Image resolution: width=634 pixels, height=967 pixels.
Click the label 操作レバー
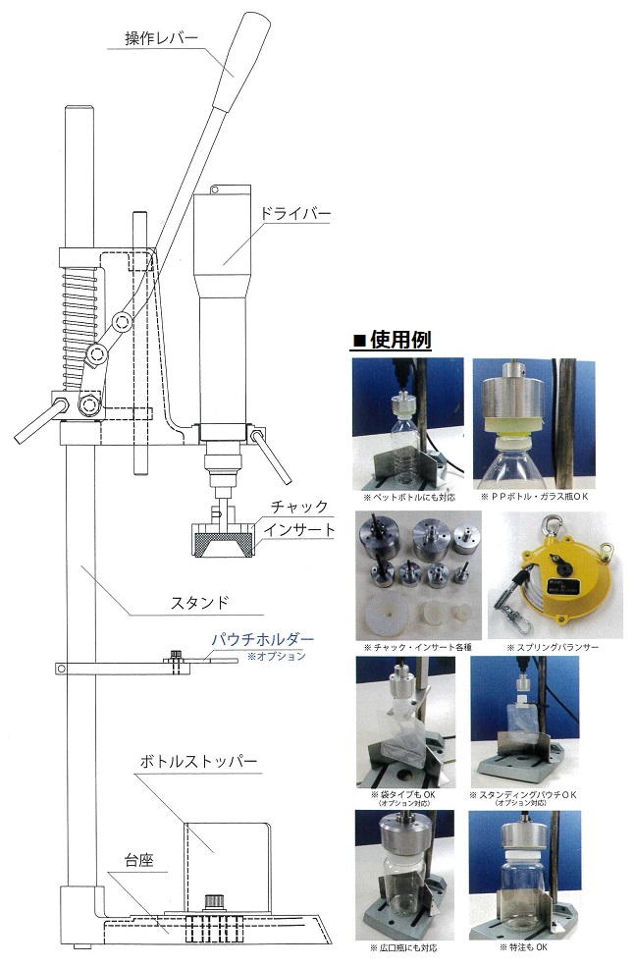(162, 38)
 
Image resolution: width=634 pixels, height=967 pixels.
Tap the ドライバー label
(294, 214)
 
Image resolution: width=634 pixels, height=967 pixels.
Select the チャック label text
(299, 507)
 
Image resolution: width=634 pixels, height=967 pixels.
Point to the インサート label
(299, 530)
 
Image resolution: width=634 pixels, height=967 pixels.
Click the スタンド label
(199, 602)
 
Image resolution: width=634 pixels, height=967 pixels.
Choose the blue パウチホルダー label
(263, 639)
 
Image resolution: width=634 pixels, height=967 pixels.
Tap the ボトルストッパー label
(198, 761)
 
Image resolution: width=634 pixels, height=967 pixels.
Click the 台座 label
(138, 860)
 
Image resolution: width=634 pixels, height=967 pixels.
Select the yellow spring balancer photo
(555, 576)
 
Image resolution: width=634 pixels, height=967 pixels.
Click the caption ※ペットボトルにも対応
(409, 497)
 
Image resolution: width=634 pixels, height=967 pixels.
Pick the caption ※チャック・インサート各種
(417, 647)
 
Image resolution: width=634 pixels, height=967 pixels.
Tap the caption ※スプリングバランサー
(552, 647)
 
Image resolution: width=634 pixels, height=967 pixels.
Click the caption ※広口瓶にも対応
(403, 947)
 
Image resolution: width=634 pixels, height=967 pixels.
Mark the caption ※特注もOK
(523, 946)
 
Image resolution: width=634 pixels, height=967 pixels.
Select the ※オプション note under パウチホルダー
(277, 656)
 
